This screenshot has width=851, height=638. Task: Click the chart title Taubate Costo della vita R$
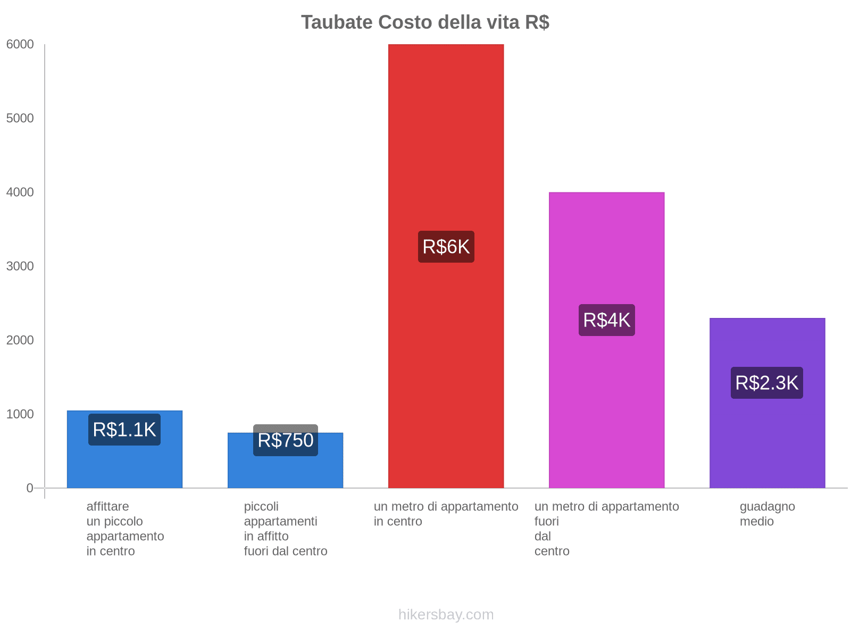coord(425,22)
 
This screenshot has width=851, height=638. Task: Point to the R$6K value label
coord(446,247)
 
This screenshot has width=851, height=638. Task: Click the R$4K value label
coord(606,320)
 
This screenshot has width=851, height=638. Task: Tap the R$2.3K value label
coord(766,383)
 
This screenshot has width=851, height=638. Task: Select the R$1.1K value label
coord(124,430)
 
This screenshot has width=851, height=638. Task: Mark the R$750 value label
coord(285,440)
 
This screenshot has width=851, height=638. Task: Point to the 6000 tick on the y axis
coord(20,45)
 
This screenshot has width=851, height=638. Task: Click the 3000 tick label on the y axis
coord(20,266)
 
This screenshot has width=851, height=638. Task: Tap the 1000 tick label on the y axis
coord(20,414)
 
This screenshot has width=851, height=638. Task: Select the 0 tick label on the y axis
coord(30,488)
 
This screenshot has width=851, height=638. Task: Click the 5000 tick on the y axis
coord(20,119)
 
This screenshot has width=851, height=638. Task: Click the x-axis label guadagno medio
coord(767,514)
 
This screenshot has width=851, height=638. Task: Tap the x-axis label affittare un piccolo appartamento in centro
coord(125,528)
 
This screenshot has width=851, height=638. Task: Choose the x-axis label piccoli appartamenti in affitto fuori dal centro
coord(286,528)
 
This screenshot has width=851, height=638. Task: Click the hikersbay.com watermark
coord(446,615)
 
